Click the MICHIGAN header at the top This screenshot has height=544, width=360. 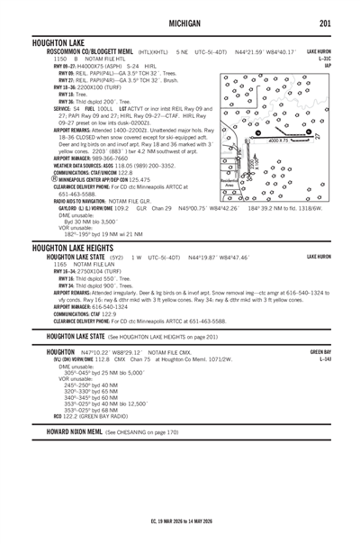pyautogui.click(x=179, y=23)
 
